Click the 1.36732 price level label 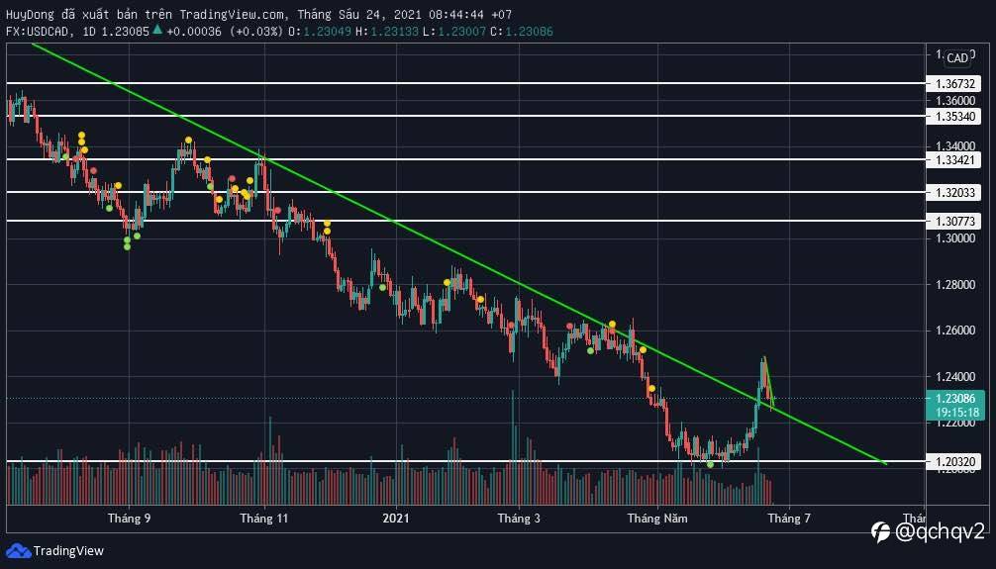954,85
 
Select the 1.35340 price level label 954,117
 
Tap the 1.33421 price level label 954,159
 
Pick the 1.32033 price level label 954,193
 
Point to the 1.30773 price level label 954,222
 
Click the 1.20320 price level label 954,461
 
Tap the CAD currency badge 957,58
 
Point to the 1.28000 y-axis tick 954,285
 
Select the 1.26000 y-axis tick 954,331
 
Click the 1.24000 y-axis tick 954,377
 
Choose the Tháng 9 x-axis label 130,518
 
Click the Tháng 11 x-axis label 263,518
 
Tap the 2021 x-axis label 396,518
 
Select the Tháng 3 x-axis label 519,518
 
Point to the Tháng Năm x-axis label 656,518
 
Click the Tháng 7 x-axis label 789,518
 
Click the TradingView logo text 68,551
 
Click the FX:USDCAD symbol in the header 39,32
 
